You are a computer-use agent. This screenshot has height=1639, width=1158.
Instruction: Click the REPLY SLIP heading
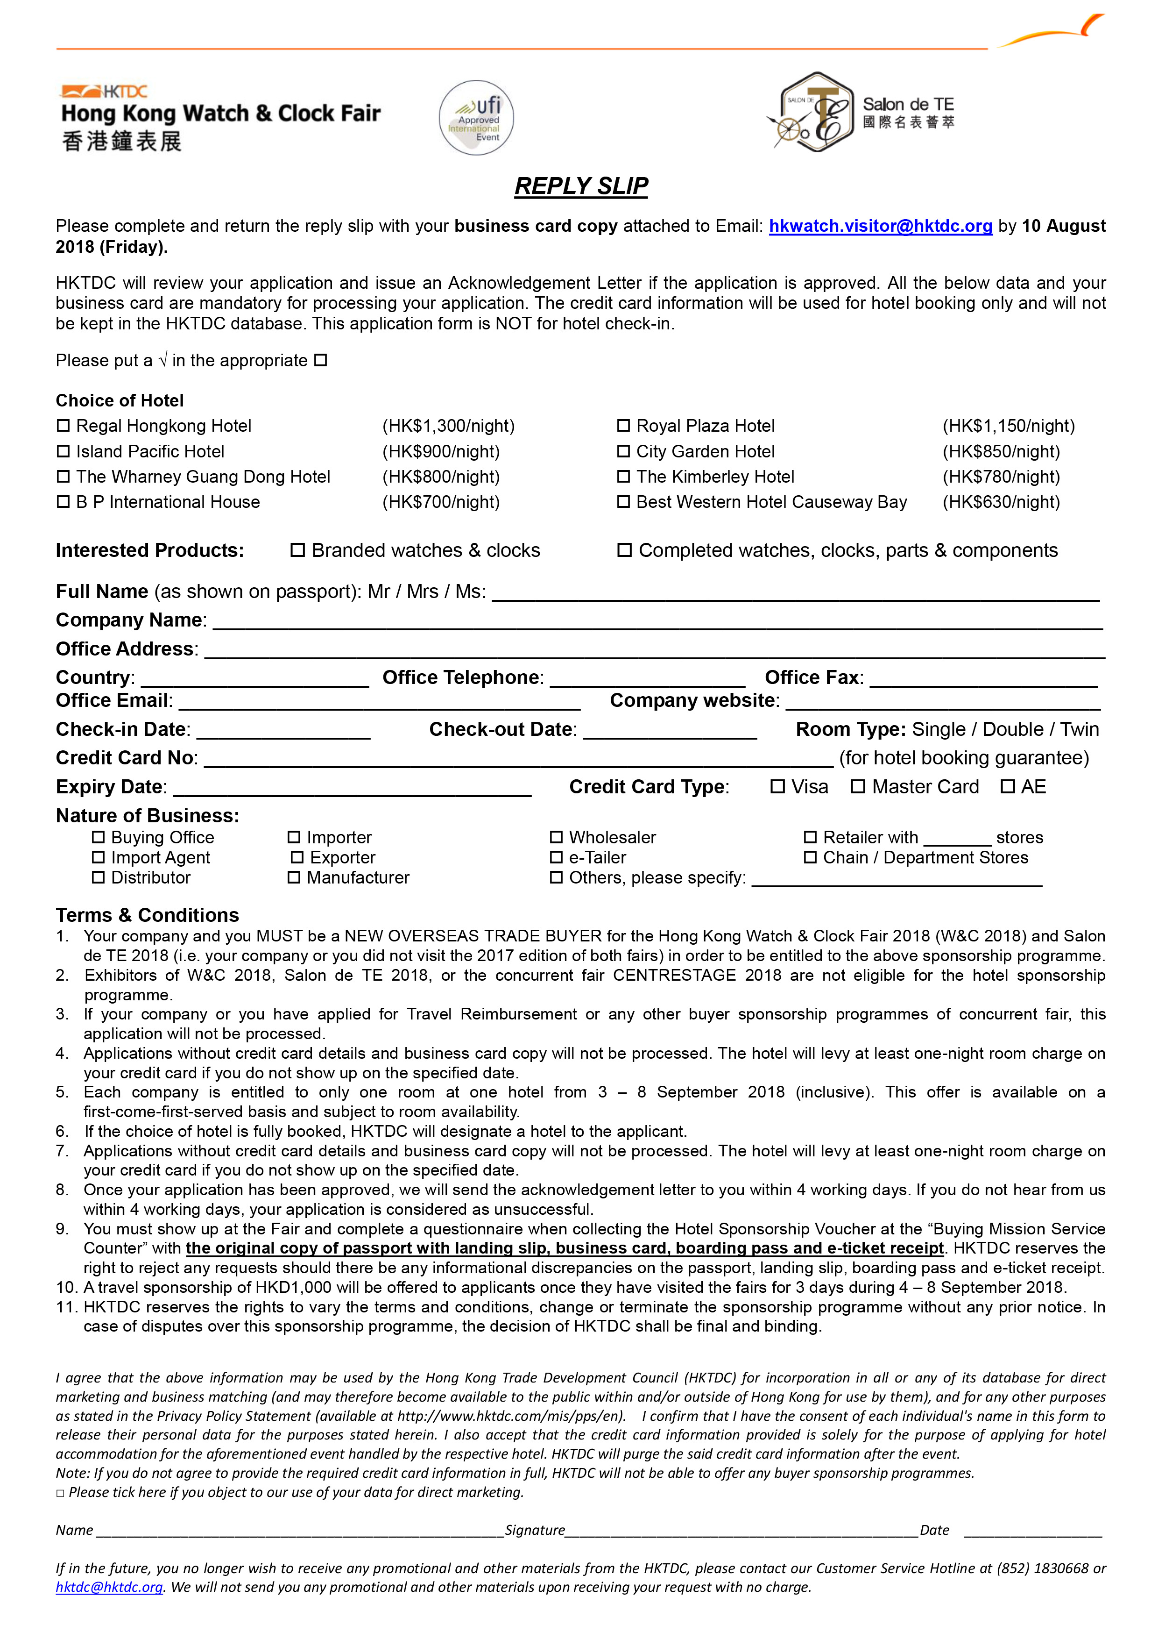(x=581, y=186)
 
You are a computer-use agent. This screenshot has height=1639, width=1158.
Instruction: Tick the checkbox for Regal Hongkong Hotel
(x=64, y=426)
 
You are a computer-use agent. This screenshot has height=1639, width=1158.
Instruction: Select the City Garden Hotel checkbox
(x=624, y=451)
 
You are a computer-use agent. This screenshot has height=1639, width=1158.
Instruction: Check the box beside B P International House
(x=64, y=502)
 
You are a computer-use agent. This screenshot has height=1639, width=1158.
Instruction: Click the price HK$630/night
(x=1001, y=502)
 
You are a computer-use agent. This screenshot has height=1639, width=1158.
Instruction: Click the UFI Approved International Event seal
(x=476, y=118)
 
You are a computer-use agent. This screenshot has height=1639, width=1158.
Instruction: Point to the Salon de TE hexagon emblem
(x=817, y=112)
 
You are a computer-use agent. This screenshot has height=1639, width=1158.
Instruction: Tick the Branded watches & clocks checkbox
(x=297, y=550)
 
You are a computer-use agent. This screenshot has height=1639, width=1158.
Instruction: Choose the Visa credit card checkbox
(x=778, y=787)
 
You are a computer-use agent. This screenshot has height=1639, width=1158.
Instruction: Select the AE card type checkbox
(x=1008, y=787)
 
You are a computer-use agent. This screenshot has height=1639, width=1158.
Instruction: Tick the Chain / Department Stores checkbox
(x=811, y=857)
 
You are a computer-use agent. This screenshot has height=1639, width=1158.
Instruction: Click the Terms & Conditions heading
(x=148, y=915)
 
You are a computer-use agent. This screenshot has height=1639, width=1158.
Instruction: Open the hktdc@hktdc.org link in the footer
(x=109, y=1587)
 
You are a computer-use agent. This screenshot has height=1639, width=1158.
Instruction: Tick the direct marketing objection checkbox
(x=61, y=1493)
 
